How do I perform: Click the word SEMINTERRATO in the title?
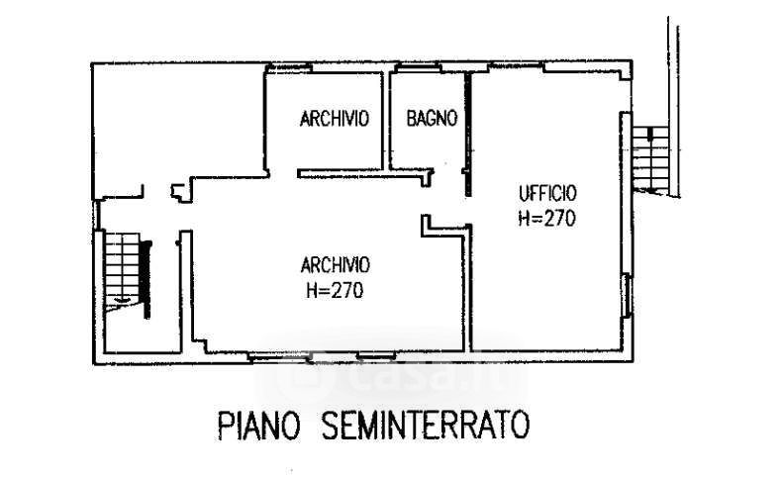coord(425,427)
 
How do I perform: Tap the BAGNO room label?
coord(432,119)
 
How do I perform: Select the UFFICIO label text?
coord(545,192)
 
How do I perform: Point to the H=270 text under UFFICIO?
coord(545,219)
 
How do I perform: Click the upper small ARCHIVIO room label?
coord(335,119)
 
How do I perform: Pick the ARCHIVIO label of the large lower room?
coord(336,264)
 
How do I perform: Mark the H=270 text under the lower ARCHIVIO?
coord(336,291)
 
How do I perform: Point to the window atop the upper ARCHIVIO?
coord(293,67)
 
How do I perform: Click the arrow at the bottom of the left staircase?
coord(121,298)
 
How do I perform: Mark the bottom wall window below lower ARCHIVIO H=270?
coord(336,353)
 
